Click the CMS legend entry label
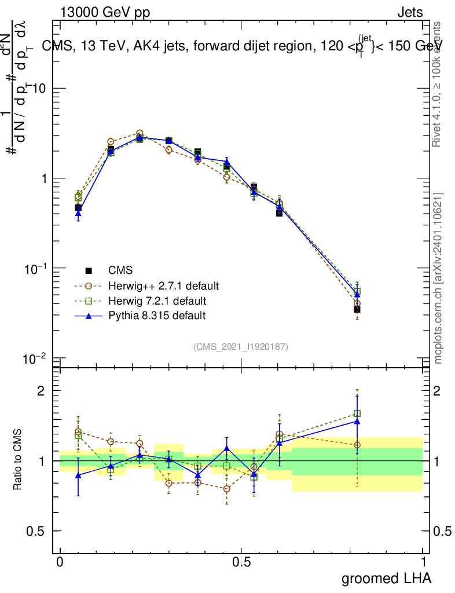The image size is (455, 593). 120,270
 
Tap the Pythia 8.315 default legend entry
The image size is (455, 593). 156,316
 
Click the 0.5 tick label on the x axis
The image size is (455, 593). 241,562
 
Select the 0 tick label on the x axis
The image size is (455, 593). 60,562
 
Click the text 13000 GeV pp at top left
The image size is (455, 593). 105,12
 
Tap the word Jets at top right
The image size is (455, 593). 409,12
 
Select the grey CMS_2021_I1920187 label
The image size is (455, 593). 241,346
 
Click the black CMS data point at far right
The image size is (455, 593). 357,309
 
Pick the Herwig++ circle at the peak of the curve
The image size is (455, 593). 140,133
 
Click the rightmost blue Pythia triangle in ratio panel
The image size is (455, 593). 357,422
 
